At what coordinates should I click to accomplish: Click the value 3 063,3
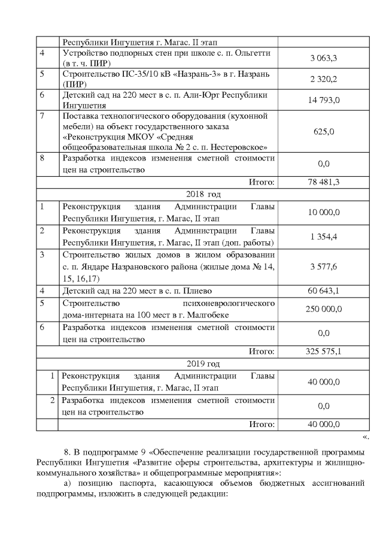point(324,58)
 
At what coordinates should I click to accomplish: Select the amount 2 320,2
point(324,79)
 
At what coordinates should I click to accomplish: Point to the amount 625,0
point(324,131)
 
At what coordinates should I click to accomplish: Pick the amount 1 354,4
point(324,237)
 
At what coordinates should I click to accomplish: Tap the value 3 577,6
point(324,267)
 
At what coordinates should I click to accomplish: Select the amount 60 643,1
point(324,291)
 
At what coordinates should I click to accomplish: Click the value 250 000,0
point(324,309)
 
